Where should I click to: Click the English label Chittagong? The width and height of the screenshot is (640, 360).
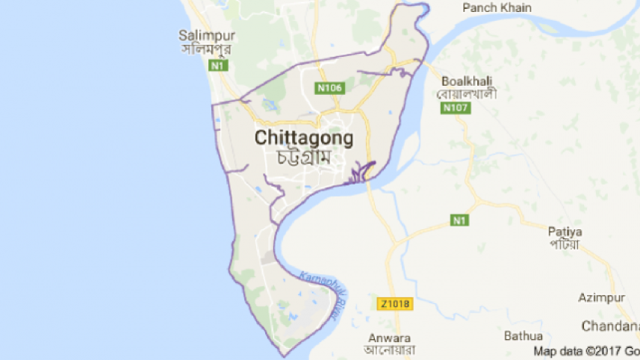(304, 138)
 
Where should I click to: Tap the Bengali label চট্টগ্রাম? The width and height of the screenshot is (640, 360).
(304, 158)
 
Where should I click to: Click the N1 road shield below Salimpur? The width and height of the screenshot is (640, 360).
(218, 66)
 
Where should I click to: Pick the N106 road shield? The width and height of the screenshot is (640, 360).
(329, 88)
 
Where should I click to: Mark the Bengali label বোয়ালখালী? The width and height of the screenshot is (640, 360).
(467, 95)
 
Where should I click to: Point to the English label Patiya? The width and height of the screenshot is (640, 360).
(565, 231)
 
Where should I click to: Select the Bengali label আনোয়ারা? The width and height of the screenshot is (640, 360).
(389, 350)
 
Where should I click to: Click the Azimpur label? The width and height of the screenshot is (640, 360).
(603, 298)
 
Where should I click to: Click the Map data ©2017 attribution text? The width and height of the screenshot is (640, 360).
(585, 350)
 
